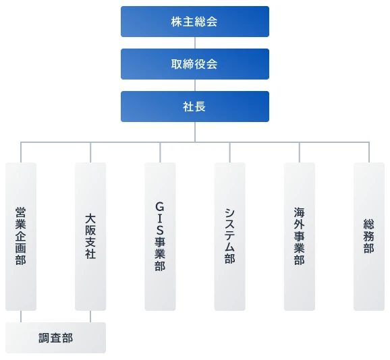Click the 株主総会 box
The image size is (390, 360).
coord(195,22)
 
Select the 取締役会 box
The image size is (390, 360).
coord(195,64)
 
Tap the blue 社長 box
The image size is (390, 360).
coord(195,107)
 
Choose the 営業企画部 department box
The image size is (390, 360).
coord(21,237)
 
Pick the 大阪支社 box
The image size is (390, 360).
coord(90,237)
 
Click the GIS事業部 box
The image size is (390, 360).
coord(160,237)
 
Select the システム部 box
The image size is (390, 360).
coord(230,237)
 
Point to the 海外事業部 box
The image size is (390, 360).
coord(300,237)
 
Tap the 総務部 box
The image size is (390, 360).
coord(369,237)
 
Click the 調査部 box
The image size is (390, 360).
coord(56,338)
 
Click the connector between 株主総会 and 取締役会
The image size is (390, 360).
coord(195,42)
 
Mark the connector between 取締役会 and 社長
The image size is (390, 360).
coord(195,85)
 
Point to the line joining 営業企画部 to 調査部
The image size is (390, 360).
coord(21,316)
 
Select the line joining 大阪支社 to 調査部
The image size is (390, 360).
coord(90,316)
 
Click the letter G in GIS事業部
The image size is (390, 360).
coord(160,207)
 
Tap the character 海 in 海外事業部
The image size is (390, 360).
coord(299,212)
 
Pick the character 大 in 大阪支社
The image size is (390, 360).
coord(90,219)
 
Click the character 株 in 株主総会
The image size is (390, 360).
coord(177,22)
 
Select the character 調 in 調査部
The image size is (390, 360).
coord(45,338)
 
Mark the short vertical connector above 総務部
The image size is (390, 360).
coord(369,152)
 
